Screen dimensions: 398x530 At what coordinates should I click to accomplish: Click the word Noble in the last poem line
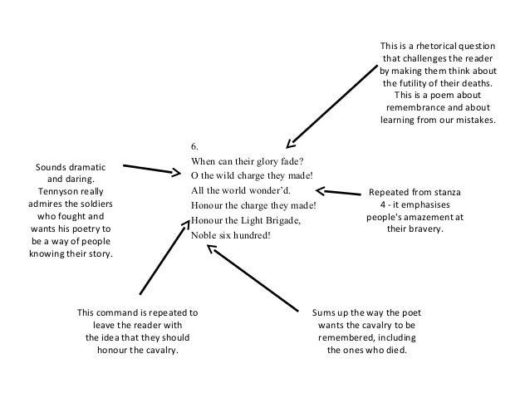pyautogui.click(x=204, y=235)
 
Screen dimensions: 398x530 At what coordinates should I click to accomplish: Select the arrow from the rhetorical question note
pyautogui.click(x=332, y=104)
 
